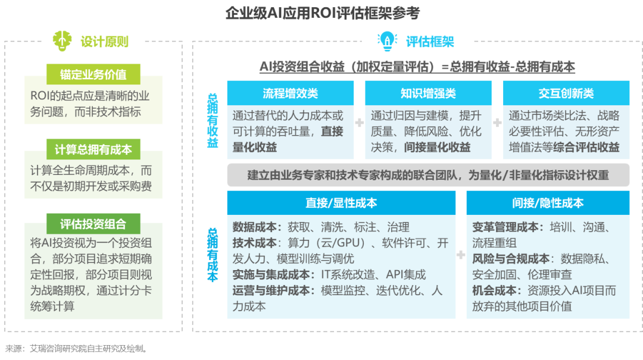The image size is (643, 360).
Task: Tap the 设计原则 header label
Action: coord(104,42)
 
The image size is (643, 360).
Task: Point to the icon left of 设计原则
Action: coord(60,40)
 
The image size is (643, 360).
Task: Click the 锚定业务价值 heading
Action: coord(93,75)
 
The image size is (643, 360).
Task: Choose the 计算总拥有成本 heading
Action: coord(93,149)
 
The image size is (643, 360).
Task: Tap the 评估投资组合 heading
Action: coord(93,224)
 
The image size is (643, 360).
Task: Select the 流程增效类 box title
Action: coord(291,93)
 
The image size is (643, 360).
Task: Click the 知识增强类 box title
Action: coord(428,93)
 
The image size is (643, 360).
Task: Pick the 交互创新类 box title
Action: coord(566,93)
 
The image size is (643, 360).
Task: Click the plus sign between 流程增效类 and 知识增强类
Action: coord(360,123)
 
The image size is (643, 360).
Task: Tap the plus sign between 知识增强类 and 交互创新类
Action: coord(497,123)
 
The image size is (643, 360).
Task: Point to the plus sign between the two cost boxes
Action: coord(461,255)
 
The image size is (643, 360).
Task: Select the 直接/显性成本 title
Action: coord(341,203)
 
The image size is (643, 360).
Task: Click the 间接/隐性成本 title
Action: coord(548,203)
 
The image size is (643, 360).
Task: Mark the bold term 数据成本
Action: coord(254,227)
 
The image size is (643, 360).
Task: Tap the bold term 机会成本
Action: coord(494,291)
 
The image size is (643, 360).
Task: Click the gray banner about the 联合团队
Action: coord(427,175)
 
